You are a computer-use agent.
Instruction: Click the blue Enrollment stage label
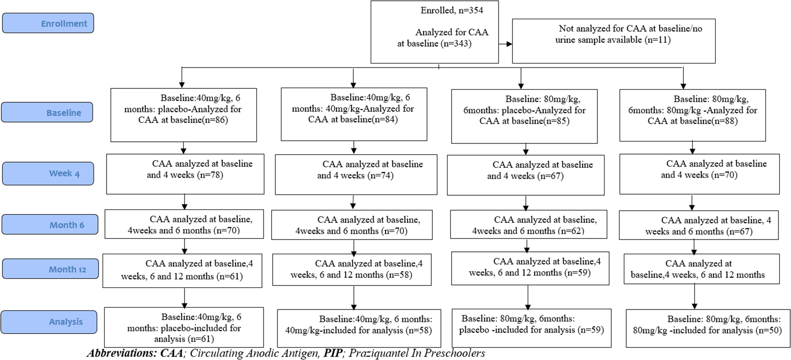point(48,23)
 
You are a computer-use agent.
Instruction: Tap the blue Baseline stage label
point(47,112)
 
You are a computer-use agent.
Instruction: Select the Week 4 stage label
point(48,173)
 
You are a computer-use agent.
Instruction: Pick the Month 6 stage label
point(50,224)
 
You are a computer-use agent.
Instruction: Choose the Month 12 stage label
point(50,269)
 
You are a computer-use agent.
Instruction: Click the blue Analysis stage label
point(49,322)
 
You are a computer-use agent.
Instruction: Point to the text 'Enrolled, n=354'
point(452,10)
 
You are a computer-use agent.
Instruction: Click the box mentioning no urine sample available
point(613,41)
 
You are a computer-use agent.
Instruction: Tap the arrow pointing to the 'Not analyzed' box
point(505,44)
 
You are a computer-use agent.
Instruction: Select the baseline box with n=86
point(184,115)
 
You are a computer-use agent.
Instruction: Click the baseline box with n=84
point(354,114)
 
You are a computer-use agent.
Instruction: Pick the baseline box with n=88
point(693,115)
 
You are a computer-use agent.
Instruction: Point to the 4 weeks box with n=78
point(185,174)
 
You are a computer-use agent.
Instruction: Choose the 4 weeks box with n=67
point(526,175)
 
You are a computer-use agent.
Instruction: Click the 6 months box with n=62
point(528,224)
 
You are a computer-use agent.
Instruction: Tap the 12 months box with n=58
point(352,269)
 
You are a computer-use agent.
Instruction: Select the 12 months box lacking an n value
point(702,269)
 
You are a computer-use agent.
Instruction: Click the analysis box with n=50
point(708,328)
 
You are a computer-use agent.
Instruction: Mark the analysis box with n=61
point(184,327)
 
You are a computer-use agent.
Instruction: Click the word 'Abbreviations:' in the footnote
point(122,353)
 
